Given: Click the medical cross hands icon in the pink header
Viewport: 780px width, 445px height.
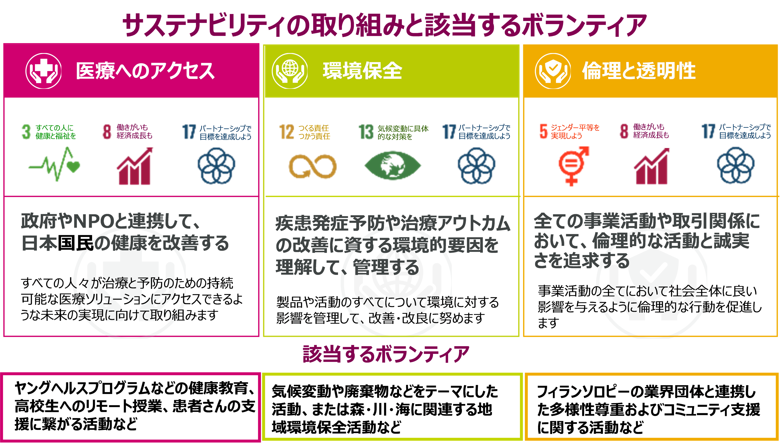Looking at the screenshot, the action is (43, 71).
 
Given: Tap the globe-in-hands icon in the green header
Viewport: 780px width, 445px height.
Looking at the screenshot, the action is (290, 71).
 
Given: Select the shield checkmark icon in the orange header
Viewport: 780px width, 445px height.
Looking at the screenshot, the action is (553, 71).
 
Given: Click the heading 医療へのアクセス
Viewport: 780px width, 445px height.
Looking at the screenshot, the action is (145, 71).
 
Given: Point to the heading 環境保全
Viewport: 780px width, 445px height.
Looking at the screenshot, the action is (362, 71).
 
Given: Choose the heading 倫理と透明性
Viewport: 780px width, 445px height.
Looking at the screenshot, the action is (639, 71).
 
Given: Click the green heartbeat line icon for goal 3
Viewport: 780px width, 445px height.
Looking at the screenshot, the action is (54, 165).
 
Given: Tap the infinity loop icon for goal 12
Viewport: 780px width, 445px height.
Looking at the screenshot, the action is (312, 167).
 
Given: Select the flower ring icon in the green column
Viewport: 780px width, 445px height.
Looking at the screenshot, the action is (476, 166).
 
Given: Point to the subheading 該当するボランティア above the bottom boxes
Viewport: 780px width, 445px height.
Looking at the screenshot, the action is (386, 354).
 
